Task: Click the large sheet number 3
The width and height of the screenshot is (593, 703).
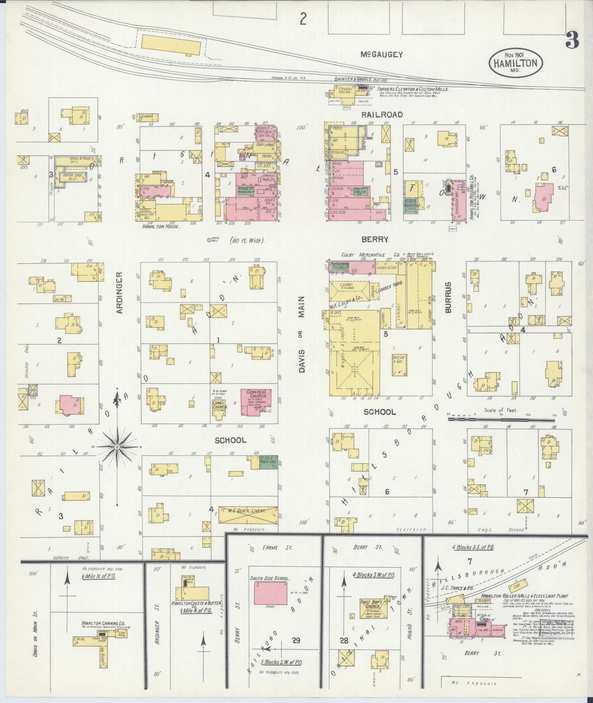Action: (572, 40)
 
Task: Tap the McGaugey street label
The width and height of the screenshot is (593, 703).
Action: (382, 55)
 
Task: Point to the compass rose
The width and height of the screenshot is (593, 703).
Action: (117, 446)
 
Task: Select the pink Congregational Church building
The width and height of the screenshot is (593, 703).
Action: (256, 401)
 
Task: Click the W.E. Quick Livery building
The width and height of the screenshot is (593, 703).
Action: (248, 514)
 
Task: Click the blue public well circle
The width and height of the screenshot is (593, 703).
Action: (210, 240)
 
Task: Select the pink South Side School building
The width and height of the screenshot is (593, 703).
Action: (270, 592)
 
